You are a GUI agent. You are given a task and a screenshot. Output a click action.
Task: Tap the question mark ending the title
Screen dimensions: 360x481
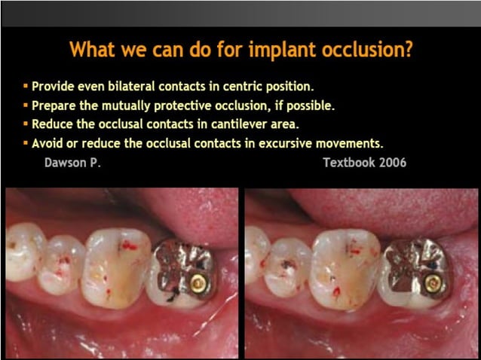tap(408, 50)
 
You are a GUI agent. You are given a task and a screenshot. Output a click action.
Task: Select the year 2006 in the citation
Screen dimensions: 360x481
tap(391, 162)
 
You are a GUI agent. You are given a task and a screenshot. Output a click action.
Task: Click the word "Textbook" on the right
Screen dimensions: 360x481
tap(348, 162)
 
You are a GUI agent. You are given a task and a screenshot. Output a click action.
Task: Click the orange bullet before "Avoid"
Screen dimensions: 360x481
tap(26, 142)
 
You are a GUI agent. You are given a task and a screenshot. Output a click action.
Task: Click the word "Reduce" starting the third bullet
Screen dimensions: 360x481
tap(53, 124)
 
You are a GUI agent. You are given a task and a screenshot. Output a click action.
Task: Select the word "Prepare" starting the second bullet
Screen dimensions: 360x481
tap(55, 105)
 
